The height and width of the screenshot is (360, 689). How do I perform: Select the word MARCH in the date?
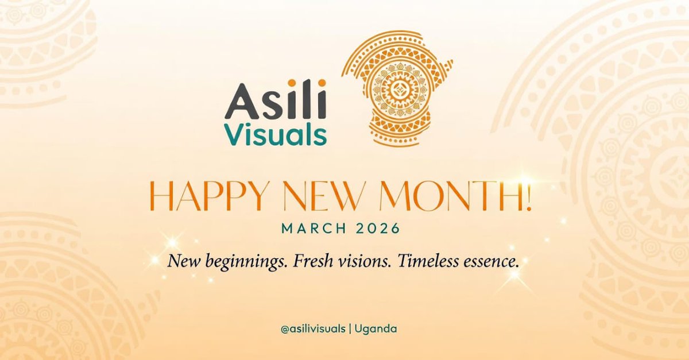[313, 229]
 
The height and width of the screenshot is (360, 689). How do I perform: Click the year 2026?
[377, 229]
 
